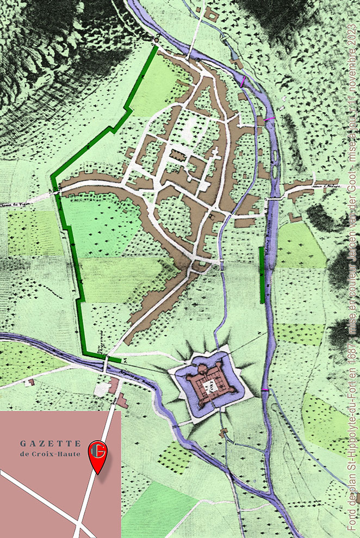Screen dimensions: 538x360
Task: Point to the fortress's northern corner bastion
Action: point(203,369)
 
